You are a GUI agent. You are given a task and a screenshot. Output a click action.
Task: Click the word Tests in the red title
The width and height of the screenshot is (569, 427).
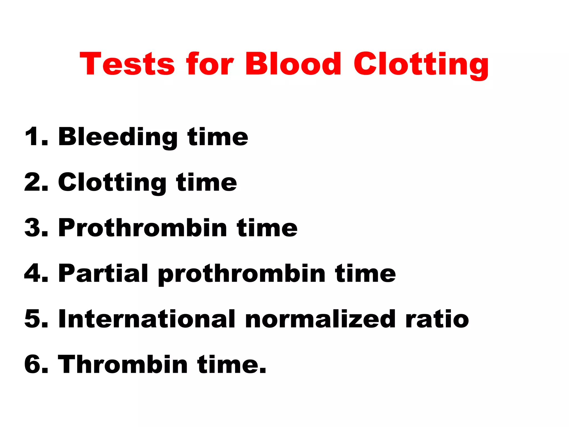(x=127, y=64)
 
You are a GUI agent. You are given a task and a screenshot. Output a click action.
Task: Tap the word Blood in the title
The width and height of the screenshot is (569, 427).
(x=293, y=64)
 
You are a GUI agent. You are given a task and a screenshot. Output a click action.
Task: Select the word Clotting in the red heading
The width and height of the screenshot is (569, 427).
(x=421, y=64)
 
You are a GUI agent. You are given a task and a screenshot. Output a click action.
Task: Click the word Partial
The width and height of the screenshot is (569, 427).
(x=103, y=273)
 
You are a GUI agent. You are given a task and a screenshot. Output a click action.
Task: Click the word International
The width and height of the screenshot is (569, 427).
(x=147, y=319)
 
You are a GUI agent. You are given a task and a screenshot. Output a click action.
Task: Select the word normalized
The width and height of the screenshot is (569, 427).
(x=320, y=319)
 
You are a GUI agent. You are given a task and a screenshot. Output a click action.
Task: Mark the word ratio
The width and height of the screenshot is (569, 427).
(x=437, y=319)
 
